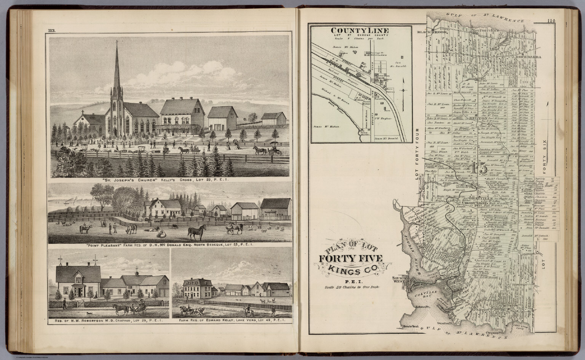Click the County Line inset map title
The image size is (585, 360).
(x=360, y=30)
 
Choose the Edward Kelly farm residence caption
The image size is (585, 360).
(x=232, y=321)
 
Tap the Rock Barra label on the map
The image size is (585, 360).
(x=529, y=57)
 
